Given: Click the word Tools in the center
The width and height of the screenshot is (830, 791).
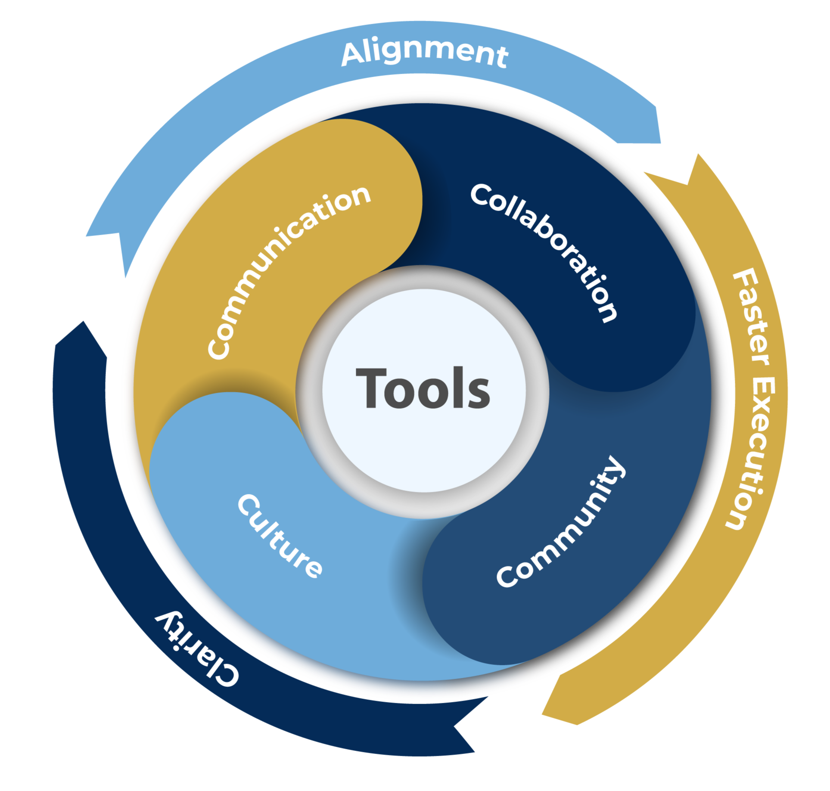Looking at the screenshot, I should pyautogui.click(x=423, y=388).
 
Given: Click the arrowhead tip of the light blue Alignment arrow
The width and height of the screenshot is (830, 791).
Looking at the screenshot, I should pyautogui.click(x=125, y=278).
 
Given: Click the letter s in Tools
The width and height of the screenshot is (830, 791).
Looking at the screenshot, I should pyautogui.click(x=479, y=394).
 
